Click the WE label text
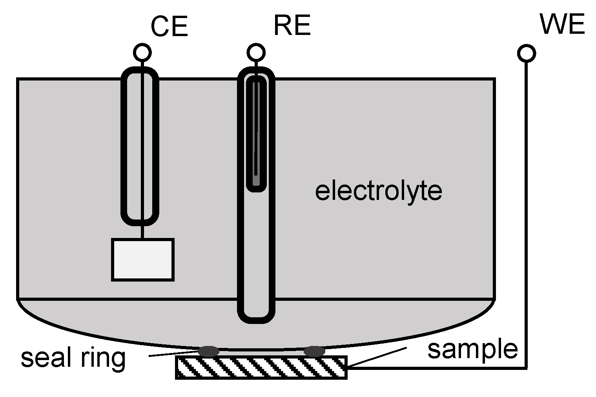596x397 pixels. (x=562, y=24)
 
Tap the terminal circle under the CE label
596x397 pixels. (x=142, y=52)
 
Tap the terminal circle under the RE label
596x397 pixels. (x=256, y=52)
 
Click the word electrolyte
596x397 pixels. (x=379, y=191)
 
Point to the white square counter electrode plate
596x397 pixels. (x=143, y=260)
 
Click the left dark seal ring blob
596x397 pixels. (x=208, y=351)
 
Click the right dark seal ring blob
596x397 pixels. (x=314, y=351)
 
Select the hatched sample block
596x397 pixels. (x=261, y=368)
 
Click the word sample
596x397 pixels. (x=472, y=349)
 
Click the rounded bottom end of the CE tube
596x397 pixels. (x=140, y=221)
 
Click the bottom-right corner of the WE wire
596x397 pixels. (x=526, y=368)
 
